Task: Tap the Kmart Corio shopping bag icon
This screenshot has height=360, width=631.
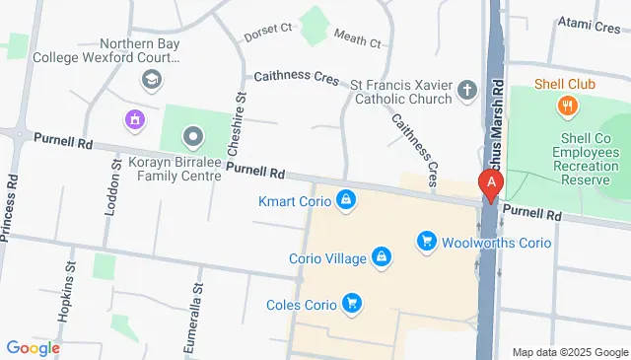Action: tap(345, 201)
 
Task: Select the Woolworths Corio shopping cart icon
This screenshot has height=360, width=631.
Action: tap(426, 241)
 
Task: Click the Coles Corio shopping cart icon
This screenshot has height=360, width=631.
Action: tap(350, 303)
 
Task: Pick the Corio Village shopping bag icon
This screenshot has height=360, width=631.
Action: tap(381, 258)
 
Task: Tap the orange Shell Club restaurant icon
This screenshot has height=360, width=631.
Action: tap(567, 107)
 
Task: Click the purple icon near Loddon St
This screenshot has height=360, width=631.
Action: tap(132, 120)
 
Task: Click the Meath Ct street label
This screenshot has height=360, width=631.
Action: tap(357, 40)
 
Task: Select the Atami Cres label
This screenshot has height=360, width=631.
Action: tap(589, 24)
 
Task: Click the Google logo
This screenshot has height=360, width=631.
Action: tap(33, 347)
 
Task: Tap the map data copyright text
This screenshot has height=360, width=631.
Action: tap(570, 352)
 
